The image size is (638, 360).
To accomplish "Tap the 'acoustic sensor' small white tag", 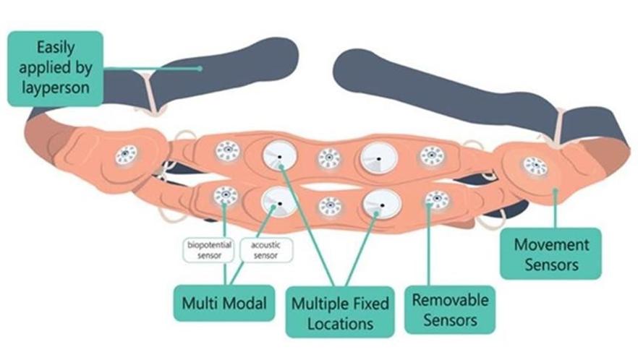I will click(265, 250).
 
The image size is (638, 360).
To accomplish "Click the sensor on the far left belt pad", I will click(127, 154).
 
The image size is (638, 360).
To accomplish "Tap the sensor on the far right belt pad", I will click(535, 166).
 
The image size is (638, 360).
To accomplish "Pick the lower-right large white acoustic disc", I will click(381, 206).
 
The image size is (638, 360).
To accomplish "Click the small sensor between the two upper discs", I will click(329, 158).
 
